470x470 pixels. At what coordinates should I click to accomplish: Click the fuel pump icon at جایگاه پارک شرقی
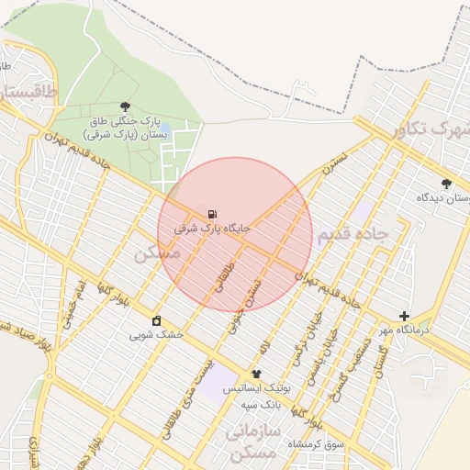pyautogui.click(x=213, y=213)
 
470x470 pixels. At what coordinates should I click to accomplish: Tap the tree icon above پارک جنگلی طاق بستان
pyautogui.click(x=125, y=107)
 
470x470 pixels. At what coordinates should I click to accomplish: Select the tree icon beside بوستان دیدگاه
pyautogui.click(x=446, y=183)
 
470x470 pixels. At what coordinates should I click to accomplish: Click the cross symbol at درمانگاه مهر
pyautogui.click(x=404, y=316)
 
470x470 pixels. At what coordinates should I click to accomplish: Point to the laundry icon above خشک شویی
pyautogui.click(x=156, y=320)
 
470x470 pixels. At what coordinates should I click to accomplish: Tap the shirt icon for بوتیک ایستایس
pyautogui.click(x=256, y=374)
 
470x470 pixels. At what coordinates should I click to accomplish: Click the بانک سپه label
pyautogui.click(x=261, y=404)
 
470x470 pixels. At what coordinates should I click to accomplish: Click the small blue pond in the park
pyautogui.click(x=201, y=207)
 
